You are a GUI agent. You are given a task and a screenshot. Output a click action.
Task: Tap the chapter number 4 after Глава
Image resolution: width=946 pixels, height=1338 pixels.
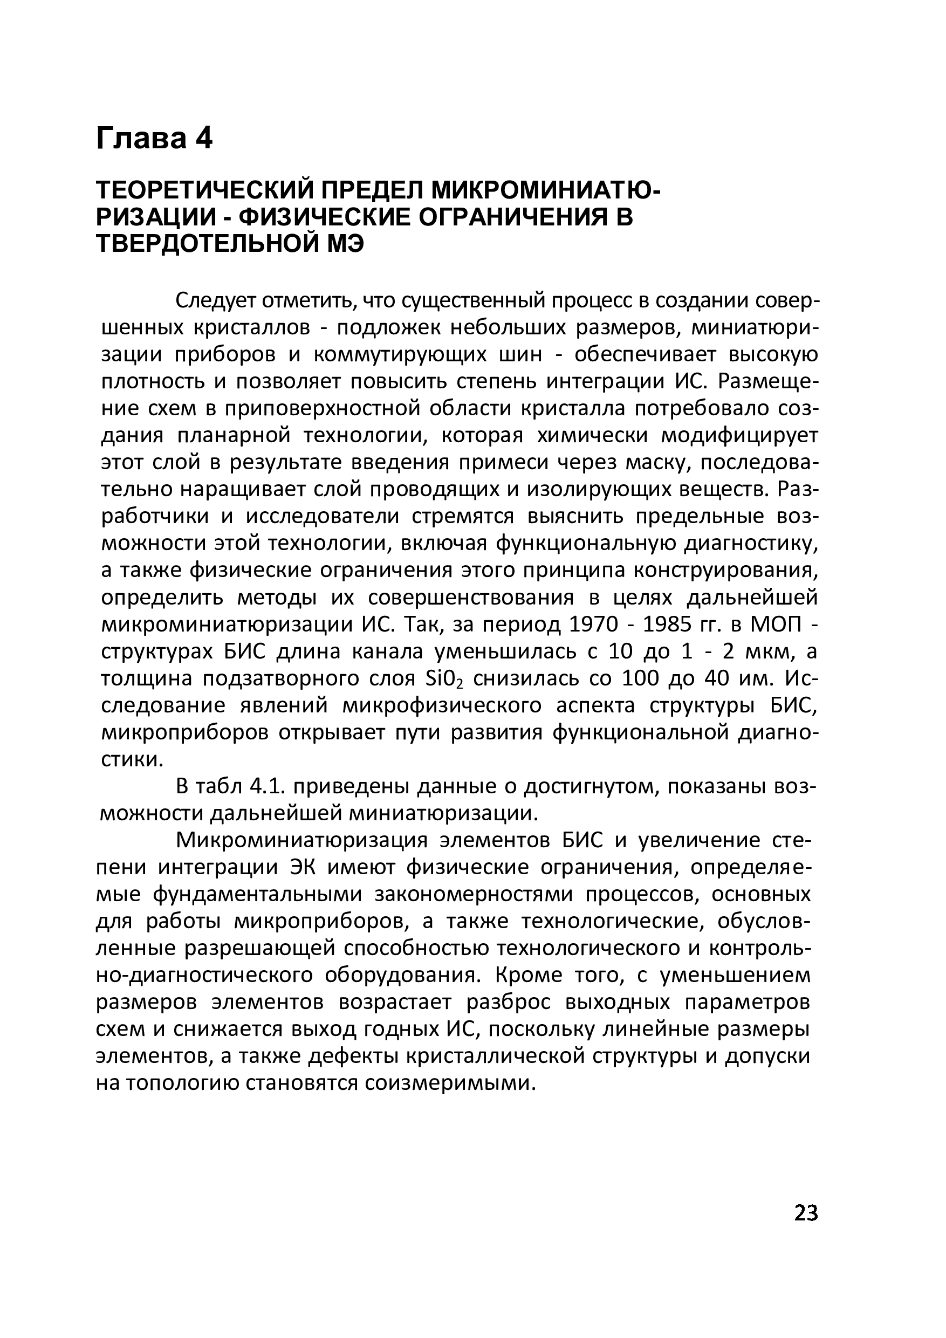(x=204, y=139)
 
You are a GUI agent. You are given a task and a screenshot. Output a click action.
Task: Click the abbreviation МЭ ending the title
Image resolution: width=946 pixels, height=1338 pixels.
(x=345, y=244)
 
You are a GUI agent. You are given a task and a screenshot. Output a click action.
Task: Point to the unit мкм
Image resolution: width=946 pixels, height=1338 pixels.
(x=770, y=651)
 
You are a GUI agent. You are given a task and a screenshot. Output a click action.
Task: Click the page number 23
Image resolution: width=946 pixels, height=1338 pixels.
(x=806, y=1213)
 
